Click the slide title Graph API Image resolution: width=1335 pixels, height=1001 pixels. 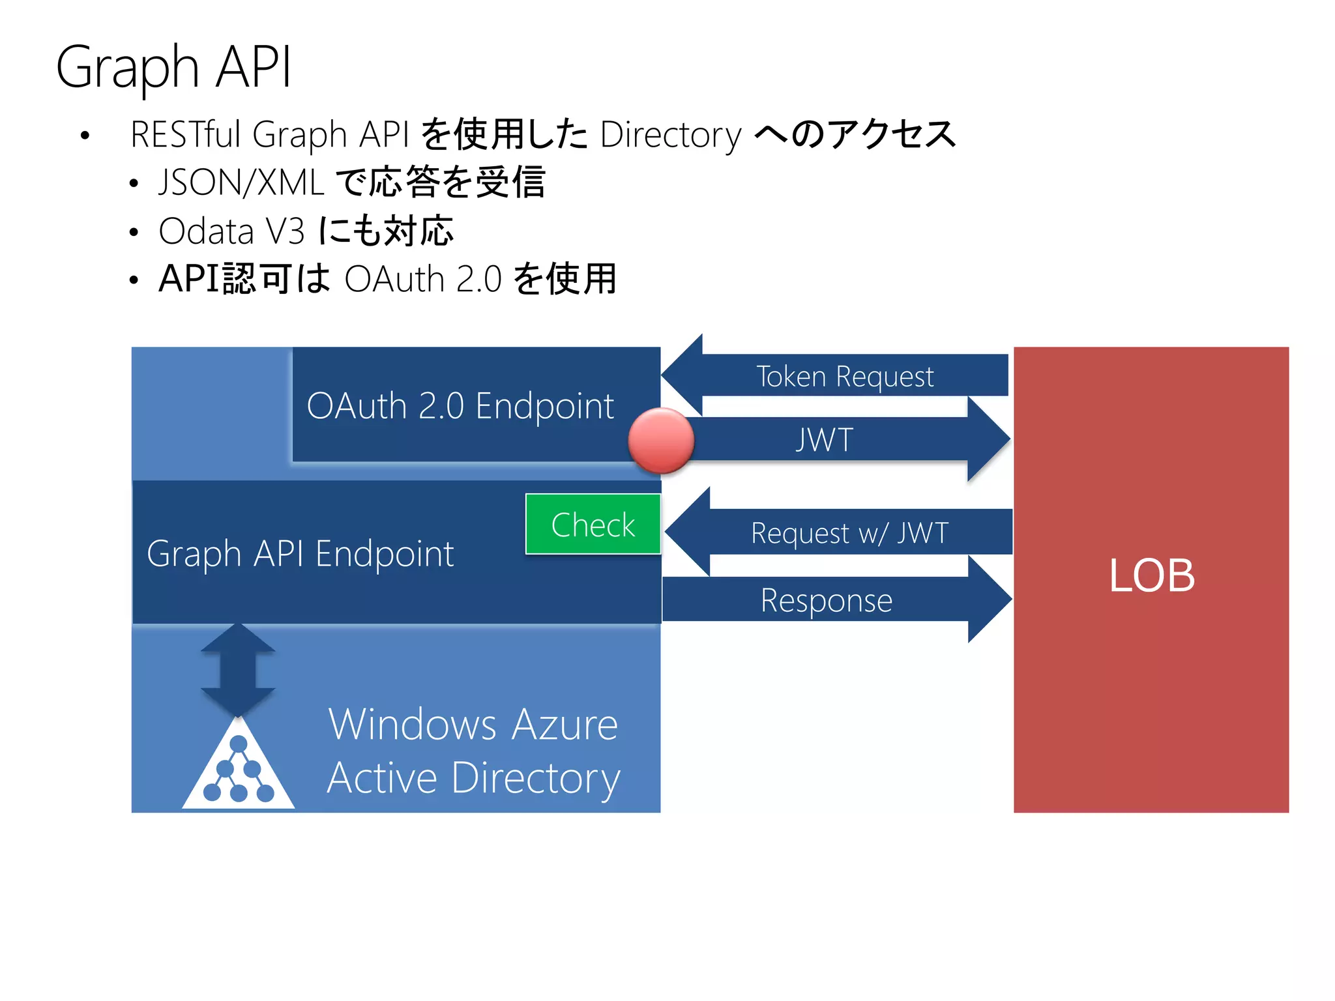tap(173, 67)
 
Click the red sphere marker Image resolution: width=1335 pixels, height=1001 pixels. tap(661, 441)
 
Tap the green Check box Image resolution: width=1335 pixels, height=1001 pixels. tap(593, 525)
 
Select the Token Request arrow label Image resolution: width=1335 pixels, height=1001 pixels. tap(845, 377)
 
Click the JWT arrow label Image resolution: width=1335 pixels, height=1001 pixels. tap(824, 440)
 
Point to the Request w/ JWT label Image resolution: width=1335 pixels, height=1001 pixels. tap(849, 533)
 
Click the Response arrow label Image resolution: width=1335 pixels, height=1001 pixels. tap(826, 600)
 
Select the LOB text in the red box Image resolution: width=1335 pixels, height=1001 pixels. tap(1151, 576)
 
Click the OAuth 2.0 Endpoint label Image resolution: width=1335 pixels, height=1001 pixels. tap(460, 406)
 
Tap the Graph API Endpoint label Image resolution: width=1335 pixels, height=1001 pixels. tap(300, 554)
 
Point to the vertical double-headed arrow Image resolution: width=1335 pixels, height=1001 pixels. tap(238, 670)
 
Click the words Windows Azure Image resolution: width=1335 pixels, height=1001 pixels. tap(473, 724)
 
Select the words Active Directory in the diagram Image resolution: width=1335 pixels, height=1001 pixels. tap(473, 778)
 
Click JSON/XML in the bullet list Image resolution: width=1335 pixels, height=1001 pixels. tap(241, 182)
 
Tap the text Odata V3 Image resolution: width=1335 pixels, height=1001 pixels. tap(231, 231)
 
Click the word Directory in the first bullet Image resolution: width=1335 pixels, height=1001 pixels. tap(670, 135)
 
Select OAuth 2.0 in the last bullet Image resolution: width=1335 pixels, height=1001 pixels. tap(422, 280)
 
